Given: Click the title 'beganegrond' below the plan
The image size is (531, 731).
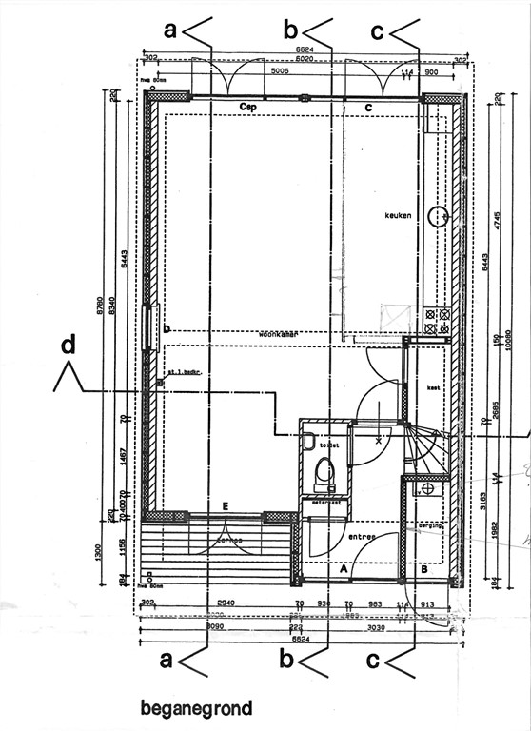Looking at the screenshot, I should pyautogui.click(x=196, y=708).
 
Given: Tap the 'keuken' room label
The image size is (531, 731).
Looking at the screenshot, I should pyautogui.click(x=398, y=214).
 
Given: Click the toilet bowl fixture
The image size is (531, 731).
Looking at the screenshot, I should pyautogui.click(x=324, y=469).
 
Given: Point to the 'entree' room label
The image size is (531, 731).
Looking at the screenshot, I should pyautogui.click(x=362, y=537).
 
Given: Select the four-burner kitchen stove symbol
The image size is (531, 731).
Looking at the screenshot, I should pyautogui.click(x=436, y=321).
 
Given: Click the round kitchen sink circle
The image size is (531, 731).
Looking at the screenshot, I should pyautogui.click(x=437, y=216).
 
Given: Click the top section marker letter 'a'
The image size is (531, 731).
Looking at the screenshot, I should pyautogui.click(x=171, y=30).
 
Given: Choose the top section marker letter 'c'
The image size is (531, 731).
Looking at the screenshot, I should pyautogui.click(x=378, y=31).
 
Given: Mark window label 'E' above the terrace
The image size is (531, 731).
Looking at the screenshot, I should pyautogui.click(x=225, y=505).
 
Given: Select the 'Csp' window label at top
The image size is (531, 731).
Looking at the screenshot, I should pyautogui.click(x=249, y=107).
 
